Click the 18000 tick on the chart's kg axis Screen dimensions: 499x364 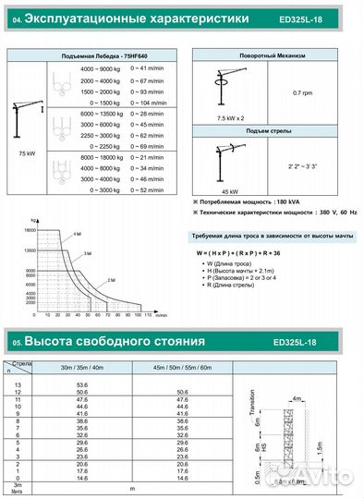pyautogui.click(x=30, y=228)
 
